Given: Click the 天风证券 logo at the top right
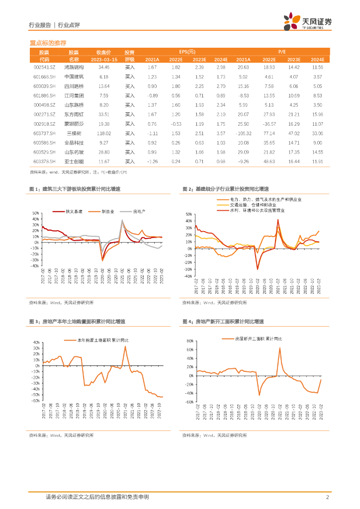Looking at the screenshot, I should [x=308, y=22].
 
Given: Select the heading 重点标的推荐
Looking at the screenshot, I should [x=48, y=43].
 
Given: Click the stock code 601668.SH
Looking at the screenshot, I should [x=44, y=77].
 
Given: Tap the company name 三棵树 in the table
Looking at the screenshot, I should [x=74, y=133].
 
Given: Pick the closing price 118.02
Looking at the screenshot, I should [x=103, y=133].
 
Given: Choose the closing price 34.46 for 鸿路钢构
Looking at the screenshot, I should [x=103, y=67].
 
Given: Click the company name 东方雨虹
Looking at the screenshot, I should [x=74, y=114].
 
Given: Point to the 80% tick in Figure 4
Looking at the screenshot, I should [x=189, y=341].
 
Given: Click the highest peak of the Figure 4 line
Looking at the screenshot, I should [x=280, y=347].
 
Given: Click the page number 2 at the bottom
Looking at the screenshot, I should [x=327, y=497].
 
